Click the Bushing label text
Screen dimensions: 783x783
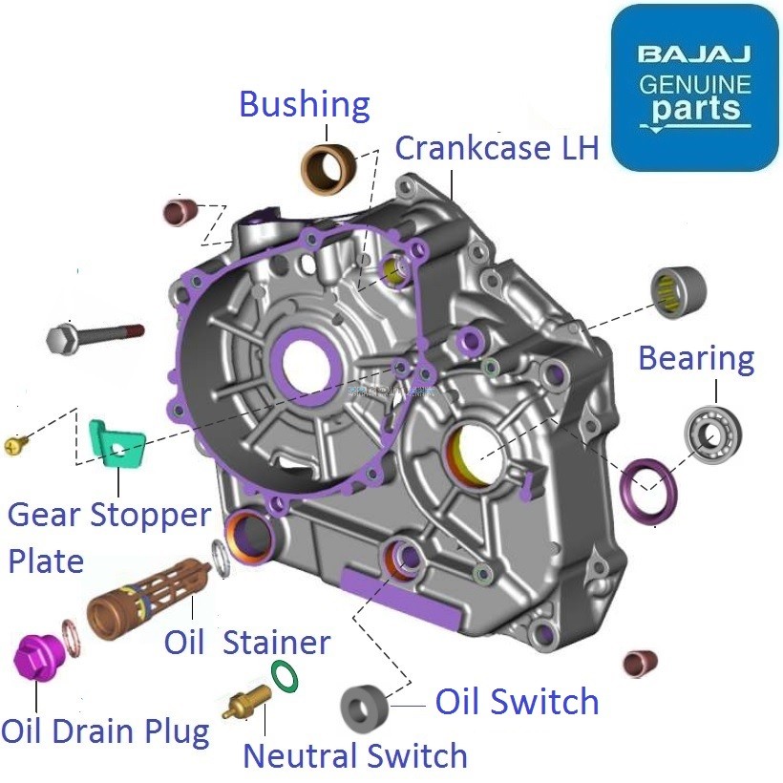click(304, 104)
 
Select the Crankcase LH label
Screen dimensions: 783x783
click(497, 148)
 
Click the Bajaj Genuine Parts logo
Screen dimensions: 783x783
click(694, 88)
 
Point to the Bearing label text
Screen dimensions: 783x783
click(695, 359)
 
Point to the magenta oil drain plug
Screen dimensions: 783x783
click(36, 660)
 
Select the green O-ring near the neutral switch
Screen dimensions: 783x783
click(284, 674)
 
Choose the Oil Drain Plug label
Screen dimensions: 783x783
click(104, 732)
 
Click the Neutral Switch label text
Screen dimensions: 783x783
click(354, 755)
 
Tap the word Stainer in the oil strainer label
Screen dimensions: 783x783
click(276, 643)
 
